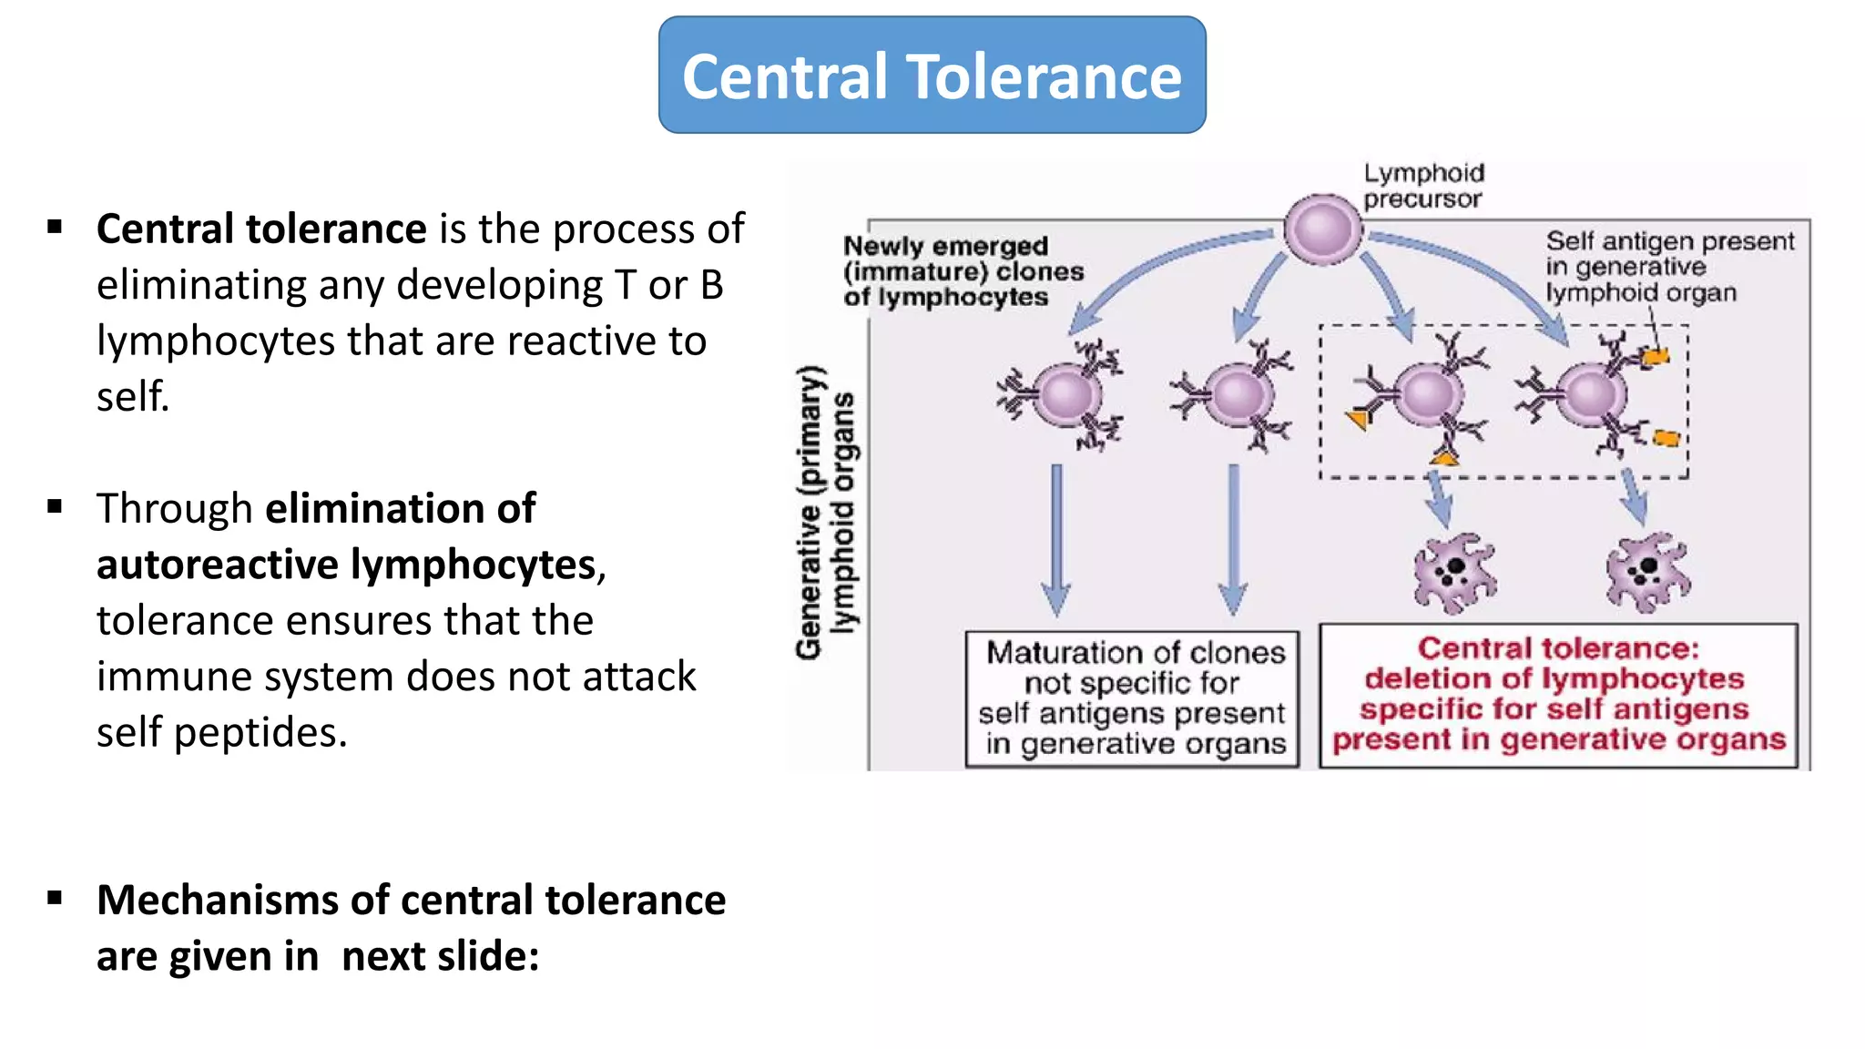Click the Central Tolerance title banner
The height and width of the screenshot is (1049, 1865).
[932, 76]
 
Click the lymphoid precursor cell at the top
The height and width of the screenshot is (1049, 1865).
[1322, 229]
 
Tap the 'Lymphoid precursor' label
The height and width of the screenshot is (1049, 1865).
[1422, 186]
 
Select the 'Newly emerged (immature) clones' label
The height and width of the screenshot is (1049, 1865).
[962, 271]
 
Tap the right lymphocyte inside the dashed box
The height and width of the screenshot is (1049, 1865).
[1591, 394]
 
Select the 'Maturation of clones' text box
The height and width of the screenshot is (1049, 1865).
[1132, 698]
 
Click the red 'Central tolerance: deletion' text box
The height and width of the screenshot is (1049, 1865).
[1558, 696]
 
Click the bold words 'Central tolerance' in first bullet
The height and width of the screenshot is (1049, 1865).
[261, 229]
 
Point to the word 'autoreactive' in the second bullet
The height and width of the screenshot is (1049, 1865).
[218, 565]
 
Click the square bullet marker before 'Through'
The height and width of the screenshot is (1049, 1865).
[56, 507]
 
